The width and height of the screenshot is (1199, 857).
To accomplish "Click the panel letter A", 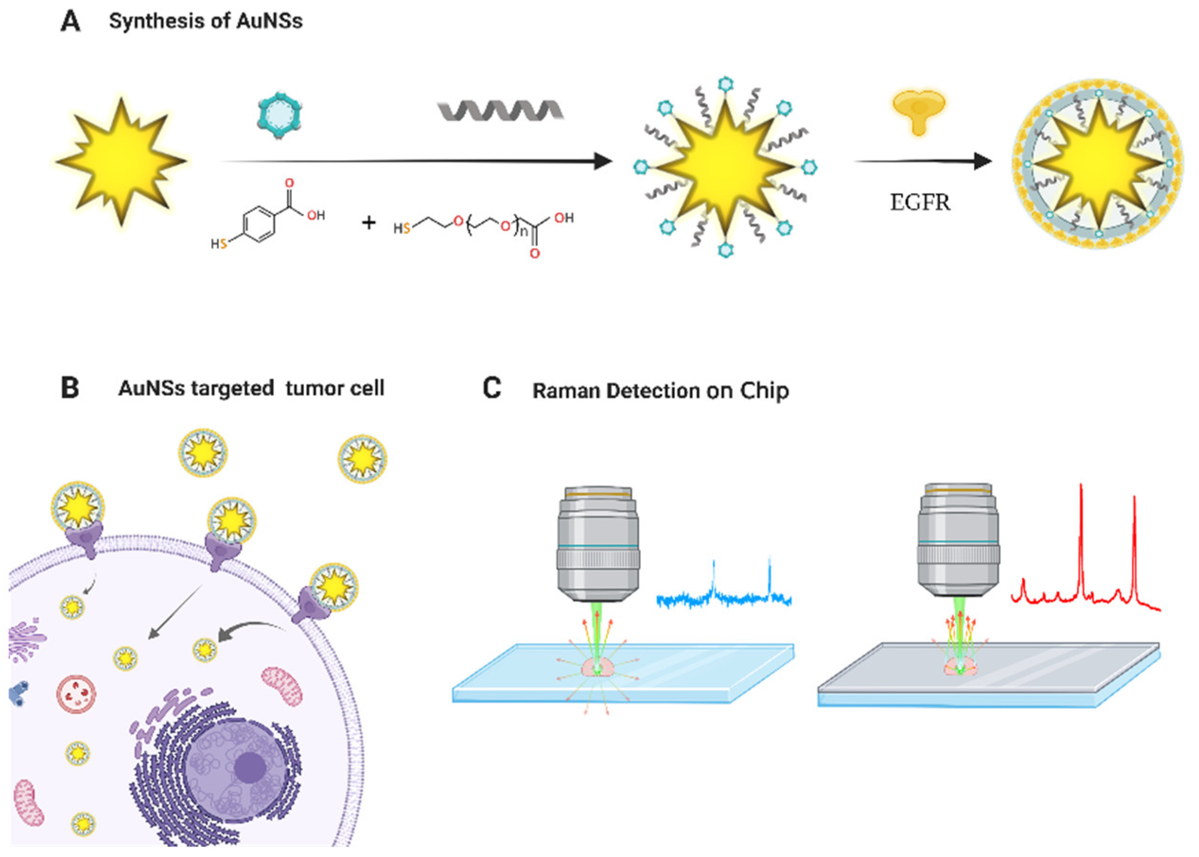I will [x=71, y=22].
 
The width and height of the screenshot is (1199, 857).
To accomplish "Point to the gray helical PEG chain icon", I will [x=499, y=110].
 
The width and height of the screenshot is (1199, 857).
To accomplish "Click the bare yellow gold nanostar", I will [x=122, y=161].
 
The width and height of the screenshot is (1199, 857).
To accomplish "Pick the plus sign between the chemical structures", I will [x=368, y=223].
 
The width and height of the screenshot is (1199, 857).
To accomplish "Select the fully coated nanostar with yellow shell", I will [x=1097, y=164].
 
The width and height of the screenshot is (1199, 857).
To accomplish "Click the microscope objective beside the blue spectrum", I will [x=598, y=544].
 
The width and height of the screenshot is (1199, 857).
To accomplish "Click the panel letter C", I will [x=491, y=389].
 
